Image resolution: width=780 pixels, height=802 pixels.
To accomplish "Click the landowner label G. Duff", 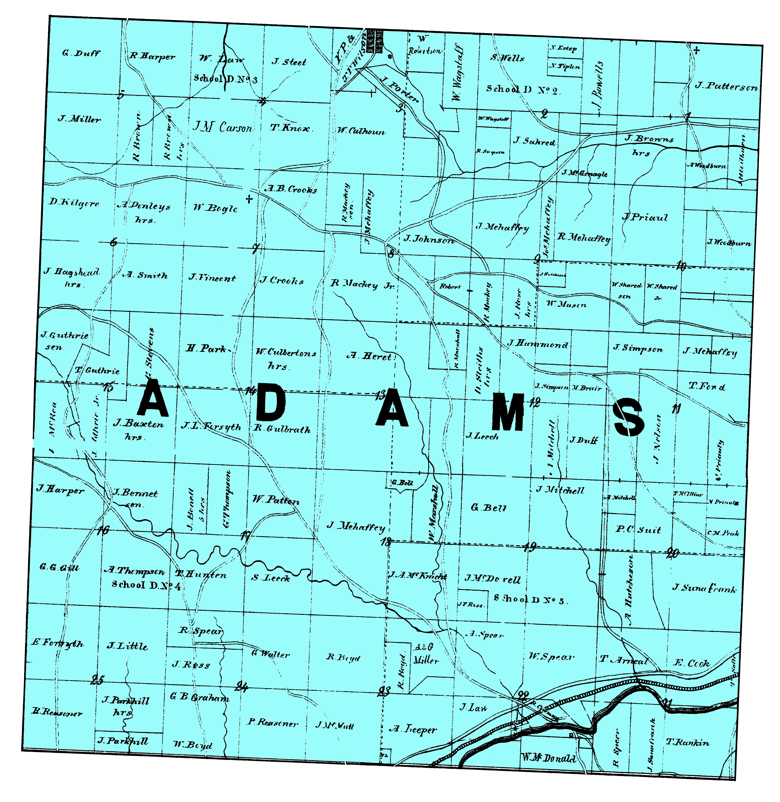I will (81, 53).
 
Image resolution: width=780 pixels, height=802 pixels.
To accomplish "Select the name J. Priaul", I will (645, 217).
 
